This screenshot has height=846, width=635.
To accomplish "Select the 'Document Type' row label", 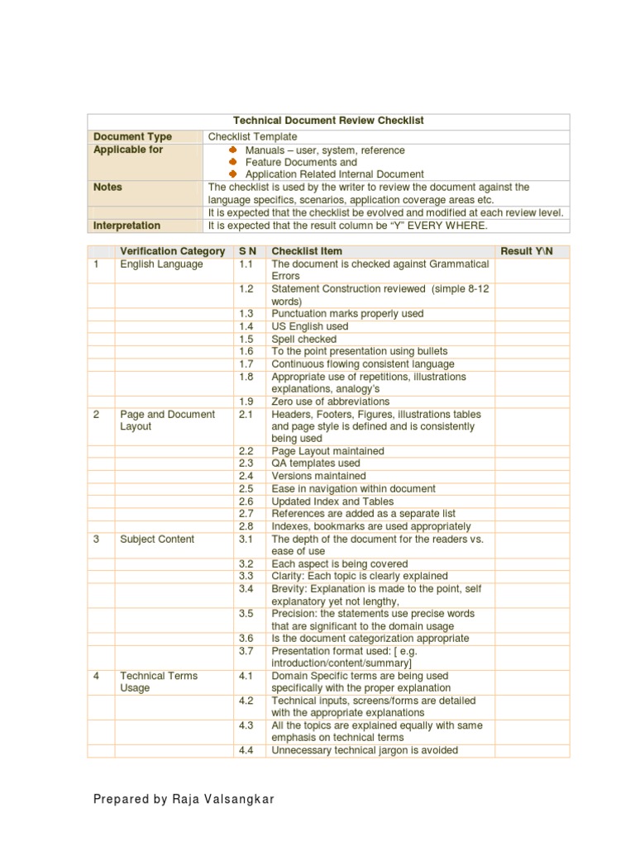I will [x=133, y=136].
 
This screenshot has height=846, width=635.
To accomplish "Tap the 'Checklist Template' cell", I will [x=252, y=136].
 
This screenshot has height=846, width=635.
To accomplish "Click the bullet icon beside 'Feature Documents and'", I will [x=233, y=163].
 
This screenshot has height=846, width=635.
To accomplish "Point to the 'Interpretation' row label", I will [x=127, y=225].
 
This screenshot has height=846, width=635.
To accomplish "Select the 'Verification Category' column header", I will [x=172, y=251].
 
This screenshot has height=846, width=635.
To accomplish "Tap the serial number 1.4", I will [x=247, y=326].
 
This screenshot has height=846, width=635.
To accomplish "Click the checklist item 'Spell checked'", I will [x=304, y=339].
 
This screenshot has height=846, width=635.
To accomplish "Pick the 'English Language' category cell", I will [x=161, y=264].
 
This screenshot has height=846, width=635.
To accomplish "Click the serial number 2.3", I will [x=246, y=463].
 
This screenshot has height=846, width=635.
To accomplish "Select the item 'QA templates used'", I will [x=316, y=463].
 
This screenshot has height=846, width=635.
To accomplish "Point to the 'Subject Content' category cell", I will [x=157, y=539].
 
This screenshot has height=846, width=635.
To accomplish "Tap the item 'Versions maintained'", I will [x=318, y=476].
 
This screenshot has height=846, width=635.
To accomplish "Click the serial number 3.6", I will [x=246, y=638].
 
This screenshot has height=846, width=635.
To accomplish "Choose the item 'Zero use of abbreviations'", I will [x=331, y=402].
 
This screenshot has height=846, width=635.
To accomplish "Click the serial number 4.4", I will [x=246, y=750].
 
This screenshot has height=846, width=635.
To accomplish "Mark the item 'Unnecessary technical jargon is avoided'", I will [x=365, y=750].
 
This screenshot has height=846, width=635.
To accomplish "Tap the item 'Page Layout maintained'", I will [x=327, y=451].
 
